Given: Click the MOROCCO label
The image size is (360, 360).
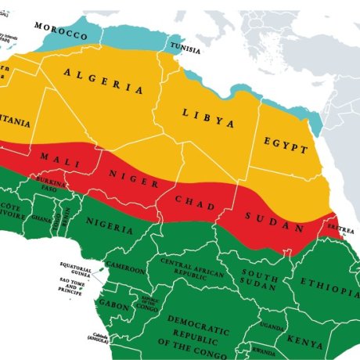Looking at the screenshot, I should point(60,33).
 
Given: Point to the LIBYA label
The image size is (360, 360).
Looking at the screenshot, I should point(208,118).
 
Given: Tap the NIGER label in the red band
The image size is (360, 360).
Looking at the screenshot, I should point(122,178).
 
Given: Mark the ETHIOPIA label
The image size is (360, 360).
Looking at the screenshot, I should point(329,288).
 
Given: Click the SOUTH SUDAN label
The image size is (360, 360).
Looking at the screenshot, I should point(260,279).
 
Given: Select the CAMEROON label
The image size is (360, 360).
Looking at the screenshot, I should point(126,268).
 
